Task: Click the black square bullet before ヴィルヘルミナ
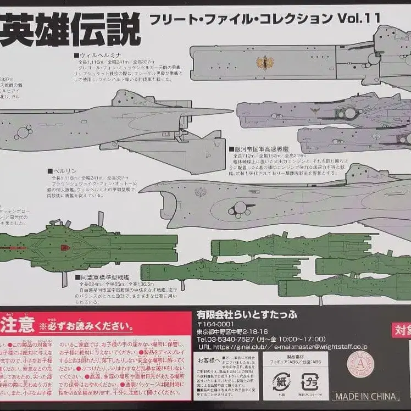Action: (x=78, y=55)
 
